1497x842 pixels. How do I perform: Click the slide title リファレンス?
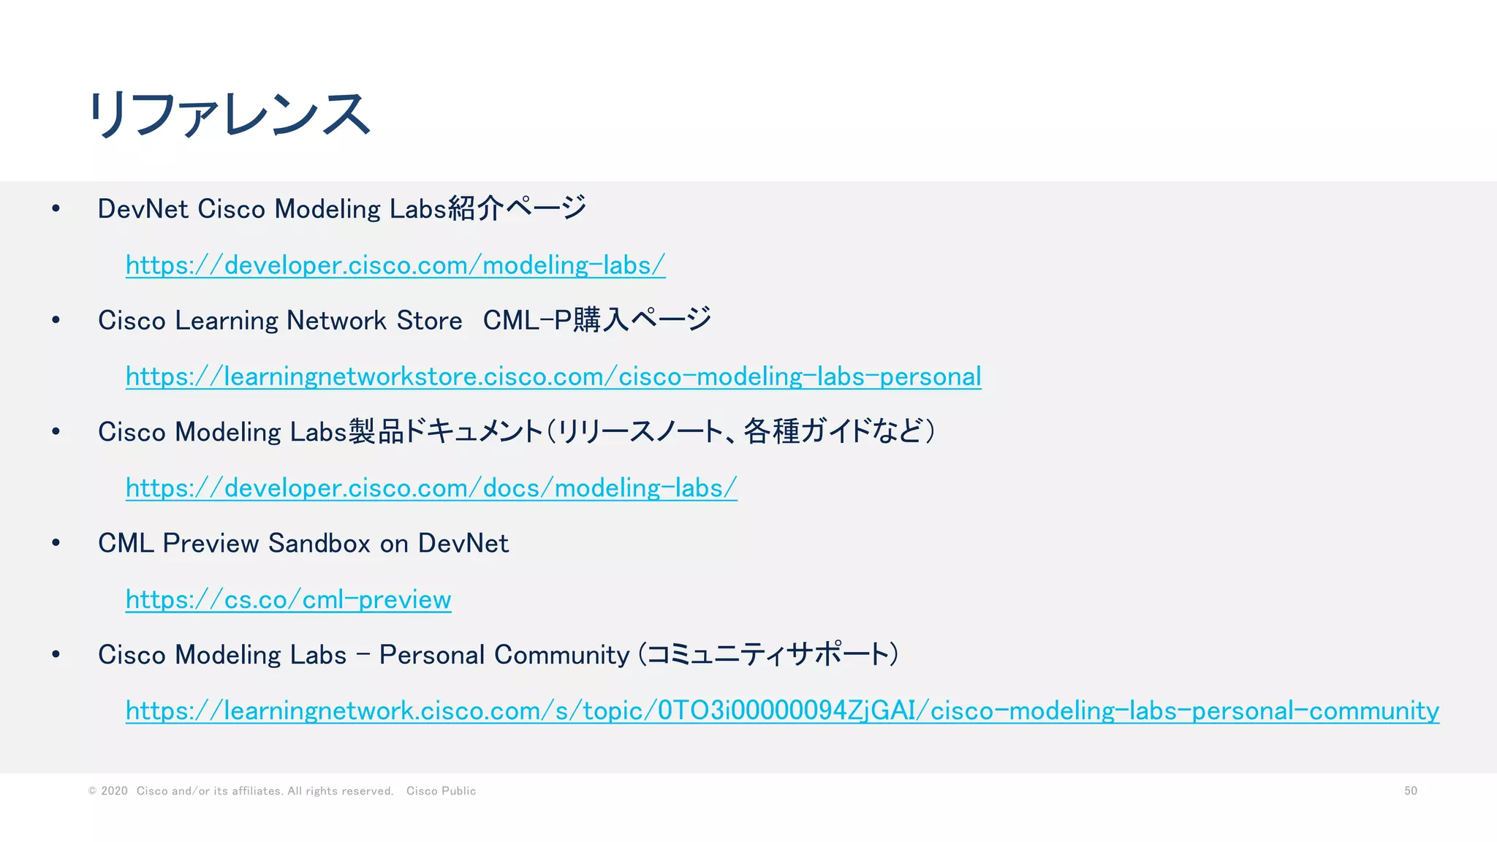pos(230,115)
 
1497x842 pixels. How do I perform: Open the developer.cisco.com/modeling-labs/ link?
pos(395,265)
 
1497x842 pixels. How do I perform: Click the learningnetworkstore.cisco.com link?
pos(553,376)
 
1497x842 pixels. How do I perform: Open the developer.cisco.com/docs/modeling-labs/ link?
pos(431,488)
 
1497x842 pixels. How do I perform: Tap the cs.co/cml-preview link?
pos(288,599)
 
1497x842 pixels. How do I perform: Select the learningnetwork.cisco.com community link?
pos(782,710)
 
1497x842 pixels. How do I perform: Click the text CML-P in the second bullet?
pos(527,321)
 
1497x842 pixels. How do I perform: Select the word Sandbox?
pos(319,544)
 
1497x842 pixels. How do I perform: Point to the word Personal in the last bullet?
pos(432,655)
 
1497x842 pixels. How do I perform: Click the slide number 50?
pos(1410,791)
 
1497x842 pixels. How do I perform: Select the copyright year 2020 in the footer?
pos(114,791)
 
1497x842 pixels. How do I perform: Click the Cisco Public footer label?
pos(441,791)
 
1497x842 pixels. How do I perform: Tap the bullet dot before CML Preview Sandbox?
pos(56,543)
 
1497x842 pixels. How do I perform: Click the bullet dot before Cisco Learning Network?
pos(56,320)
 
